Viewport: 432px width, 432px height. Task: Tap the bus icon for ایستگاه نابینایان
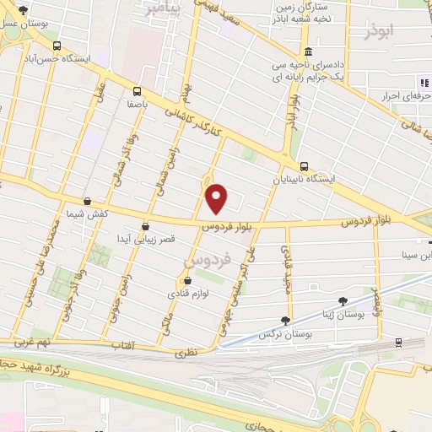pyautogui.click(x=304, y=166)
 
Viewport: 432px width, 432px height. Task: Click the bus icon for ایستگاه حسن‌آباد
pyautogui.click(x=56, y=46)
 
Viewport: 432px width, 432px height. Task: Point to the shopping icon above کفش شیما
pyautogui.click(x=89, y=201)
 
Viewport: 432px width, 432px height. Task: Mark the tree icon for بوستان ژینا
pyautogui.click(x=343, y=300)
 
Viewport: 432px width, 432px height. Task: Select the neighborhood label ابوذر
pyautogui.click(x=381, y=33)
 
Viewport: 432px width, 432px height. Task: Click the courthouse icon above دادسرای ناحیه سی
pyautogui.click(x=309, y=51)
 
